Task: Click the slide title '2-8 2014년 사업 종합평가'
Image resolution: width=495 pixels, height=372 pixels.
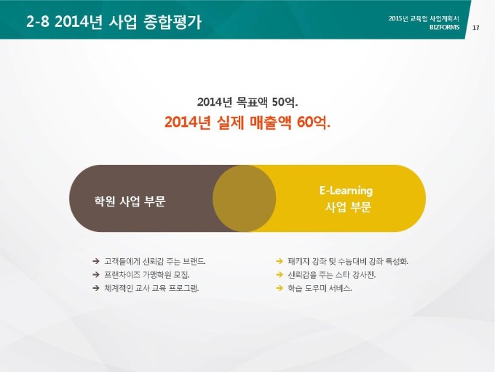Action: click(x=114, y=22)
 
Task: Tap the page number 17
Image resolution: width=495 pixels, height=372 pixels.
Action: click(x=476, y=28)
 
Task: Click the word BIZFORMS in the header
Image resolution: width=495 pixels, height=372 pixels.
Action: click(x=445, y=27)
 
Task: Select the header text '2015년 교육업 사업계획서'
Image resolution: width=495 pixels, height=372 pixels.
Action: click(x=424, y=19)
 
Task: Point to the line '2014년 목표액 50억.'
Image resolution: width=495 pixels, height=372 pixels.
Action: click(x=247, y=102)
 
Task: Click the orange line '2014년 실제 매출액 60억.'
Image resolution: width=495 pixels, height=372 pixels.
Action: click(x=247, y=123)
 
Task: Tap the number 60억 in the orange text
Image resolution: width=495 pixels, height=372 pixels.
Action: click(x=314, y=123)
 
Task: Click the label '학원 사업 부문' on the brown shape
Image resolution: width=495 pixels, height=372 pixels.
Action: click(x=130, y=201)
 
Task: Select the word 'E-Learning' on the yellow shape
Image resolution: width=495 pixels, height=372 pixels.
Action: click(x=346, y=190)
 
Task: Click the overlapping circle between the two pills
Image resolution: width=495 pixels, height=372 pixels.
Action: click(x=245, y=198)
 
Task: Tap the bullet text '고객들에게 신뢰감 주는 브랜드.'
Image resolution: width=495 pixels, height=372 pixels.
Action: click(x=155, y=261)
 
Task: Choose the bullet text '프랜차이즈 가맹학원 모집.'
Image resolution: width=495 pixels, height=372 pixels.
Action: click(x=147, y=274)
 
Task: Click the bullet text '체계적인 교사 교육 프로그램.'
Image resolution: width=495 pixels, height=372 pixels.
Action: click(x=151, y=288)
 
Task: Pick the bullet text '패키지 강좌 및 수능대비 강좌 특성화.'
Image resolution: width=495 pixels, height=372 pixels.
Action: click(x=348, y=261)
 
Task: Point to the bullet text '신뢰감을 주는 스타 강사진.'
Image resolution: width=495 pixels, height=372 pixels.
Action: click(x=331, y=274)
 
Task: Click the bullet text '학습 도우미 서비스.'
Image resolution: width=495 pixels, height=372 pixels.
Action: click(x=320, y=288)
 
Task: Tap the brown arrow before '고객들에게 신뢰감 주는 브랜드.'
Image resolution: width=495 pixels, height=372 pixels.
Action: click(x=96, y=261)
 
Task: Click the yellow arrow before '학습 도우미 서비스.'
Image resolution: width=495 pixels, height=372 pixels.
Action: click(x=280, y=288)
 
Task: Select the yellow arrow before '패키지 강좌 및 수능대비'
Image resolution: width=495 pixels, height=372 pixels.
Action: click(x=280, y=261)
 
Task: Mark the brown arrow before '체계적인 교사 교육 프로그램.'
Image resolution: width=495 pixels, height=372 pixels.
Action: click(x=96, y=288)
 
